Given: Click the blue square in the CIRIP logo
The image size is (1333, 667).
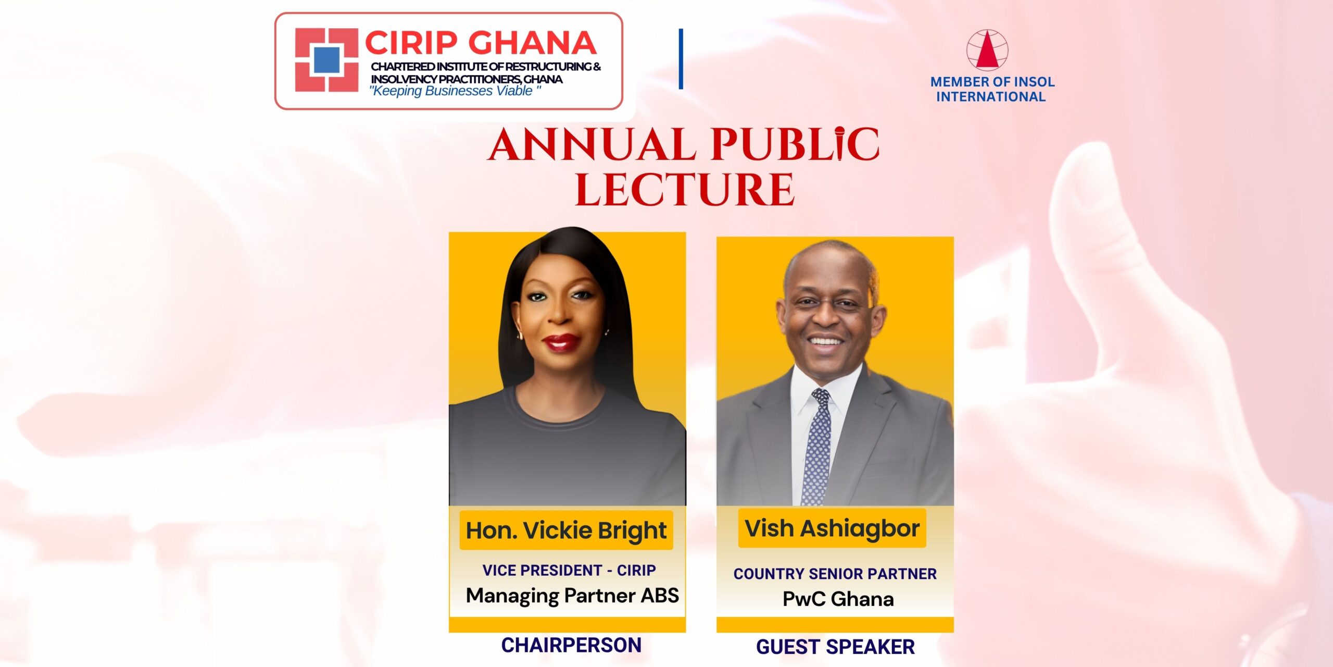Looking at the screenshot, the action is (x=327, y=60).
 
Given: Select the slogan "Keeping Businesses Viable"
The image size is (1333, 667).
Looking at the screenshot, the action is (x=455, y=91).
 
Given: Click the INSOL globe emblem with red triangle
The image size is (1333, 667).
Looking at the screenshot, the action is (x=987, y=50).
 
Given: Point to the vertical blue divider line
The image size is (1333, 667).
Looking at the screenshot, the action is (x=681, y=59).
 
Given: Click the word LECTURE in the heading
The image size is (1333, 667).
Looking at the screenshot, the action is (x=685, y=190).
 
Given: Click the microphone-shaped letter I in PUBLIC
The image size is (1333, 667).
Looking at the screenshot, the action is (x=839, y=143).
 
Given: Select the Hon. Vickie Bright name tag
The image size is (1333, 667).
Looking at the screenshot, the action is (x=566, y=530).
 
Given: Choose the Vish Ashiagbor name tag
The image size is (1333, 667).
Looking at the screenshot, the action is (x=832, y=528).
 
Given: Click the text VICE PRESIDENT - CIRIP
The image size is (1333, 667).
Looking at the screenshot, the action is (x=569, y=571).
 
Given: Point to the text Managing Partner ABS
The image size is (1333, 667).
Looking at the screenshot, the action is (x=572, y=596).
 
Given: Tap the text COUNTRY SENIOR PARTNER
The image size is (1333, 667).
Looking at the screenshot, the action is (x=835, y=574).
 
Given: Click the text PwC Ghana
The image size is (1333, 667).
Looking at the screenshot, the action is (x=838, y=599).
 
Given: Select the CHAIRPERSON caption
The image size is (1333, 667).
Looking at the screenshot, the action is (x=571, y=645).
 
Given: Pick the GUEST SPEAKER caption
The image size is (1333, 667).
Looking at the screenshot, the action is (x=835, y=647).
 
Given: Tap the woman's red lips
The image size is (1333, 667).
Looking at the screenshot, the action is (x=560, y=342).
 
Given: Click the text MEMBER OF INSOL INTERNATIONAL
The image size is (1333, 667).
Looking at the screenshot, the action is (x=992, y=89).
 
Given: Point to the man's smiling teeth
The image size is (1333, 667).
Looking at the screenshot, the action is (x=826, y=341).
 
